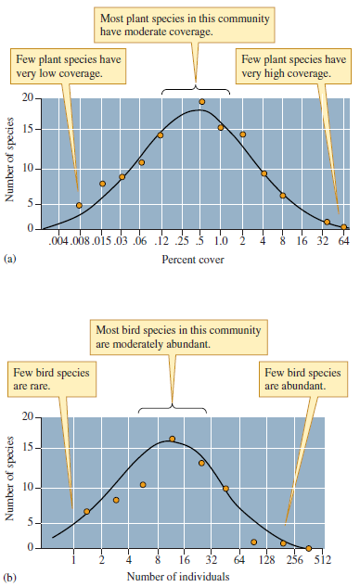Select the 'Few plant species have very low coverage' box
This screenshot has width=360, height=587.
[x=65, y=67]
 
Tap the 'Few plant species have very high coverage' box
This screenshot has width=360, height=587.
[x=292, y=67]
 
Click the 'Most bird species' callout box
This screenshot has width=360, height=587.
[x=178, y=338]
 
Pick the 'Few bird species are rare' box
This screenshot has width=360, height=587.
[x=46, y=378]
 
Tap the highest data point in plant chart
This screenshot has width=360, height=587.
[x=201, y=101]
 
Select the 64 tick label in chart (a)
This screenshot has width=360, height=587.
[x=343, y=242]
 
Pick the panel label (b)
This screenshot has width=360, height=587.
[x=10, y=577]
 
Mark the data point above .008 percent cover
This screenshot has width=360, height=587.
[x=79, y=205]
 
